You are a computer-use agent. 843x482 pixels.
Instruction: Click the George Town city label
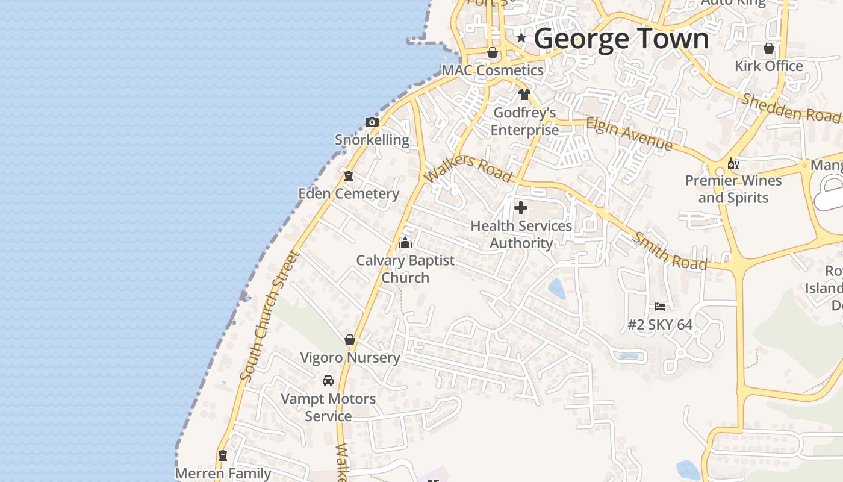[x=621, y=39]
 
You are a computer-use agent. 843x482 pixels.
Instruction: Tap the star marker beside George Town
[x=521, y=38]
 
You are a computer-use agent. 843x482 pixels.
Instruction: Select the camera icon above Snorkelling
[x=372, y=122]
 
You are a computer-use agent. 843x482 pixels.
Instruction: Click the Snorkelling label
[x=372, y=140]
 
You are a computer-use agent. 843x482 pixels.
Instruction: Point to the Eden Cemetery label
[x=349, y=193]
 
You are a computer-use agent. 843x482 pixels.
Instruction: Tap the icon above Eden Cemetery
[x=348, y=177]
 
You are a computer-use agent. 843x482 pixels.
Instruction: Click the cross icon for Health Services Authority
[x=521, y=208]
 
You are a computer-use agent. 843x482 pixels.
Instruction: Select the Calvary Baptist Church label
[x=405, y=269]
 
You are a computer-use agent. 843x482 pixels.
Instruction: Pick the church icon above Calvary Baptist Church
[x=405, y=243]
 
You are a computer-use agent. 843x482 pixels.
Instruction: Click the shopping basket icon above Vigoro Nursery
[x=350, y=340]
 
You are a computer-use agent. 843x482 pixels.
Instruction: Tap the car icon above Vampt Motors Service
[x=328, y=381]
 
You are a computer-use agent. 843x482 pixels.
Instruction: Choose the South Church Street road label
[x=269, y=316]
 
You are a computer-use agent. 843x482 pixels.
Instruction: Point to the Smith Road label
[x=668, y=250]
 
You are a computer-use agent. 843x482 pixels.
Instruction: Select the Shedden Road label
[x=790, y=107]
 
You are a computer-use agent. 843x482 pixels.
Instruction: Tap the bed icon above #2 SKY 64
[x=660, y=307]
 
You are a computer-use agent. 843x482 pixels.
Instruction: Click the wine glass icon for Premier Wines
[x=733, y=164]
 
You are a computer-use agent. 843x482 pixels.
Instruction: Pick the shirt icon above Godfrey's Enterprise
[x=524, y=95]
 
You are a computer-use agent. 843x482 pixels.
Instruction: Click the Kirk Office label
[x=769, y=66]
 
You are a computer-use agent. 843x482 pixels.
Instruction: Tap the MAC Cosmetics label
[x=493, y=70]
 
